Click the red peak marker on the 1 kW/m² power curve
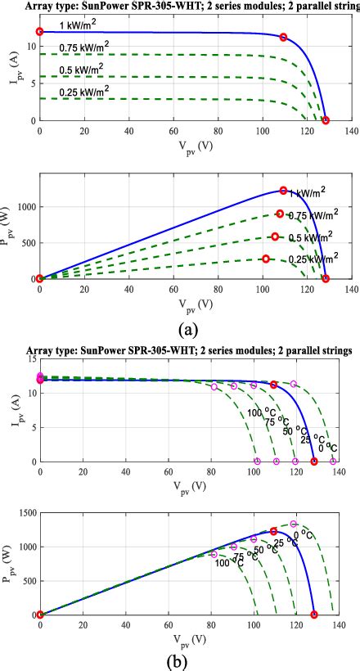pyautogui.click(x=283, y=191)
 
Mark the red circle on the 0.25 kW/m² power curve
pyautogui.click(x=266, y=259)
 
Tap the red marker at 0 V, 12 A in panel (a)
pyautogui.click(x=39, y=32)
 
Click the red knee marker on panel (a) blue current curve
pyautogui.click(x=283, y=37)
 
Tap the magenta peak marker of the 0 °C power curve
pyautogui.click(x=294, y=524)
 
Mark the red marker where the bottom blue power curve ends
pyautogui.click(x=314, y=614)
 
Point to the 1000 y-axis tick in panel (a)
pyautogui.click(x=25, y=207)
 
